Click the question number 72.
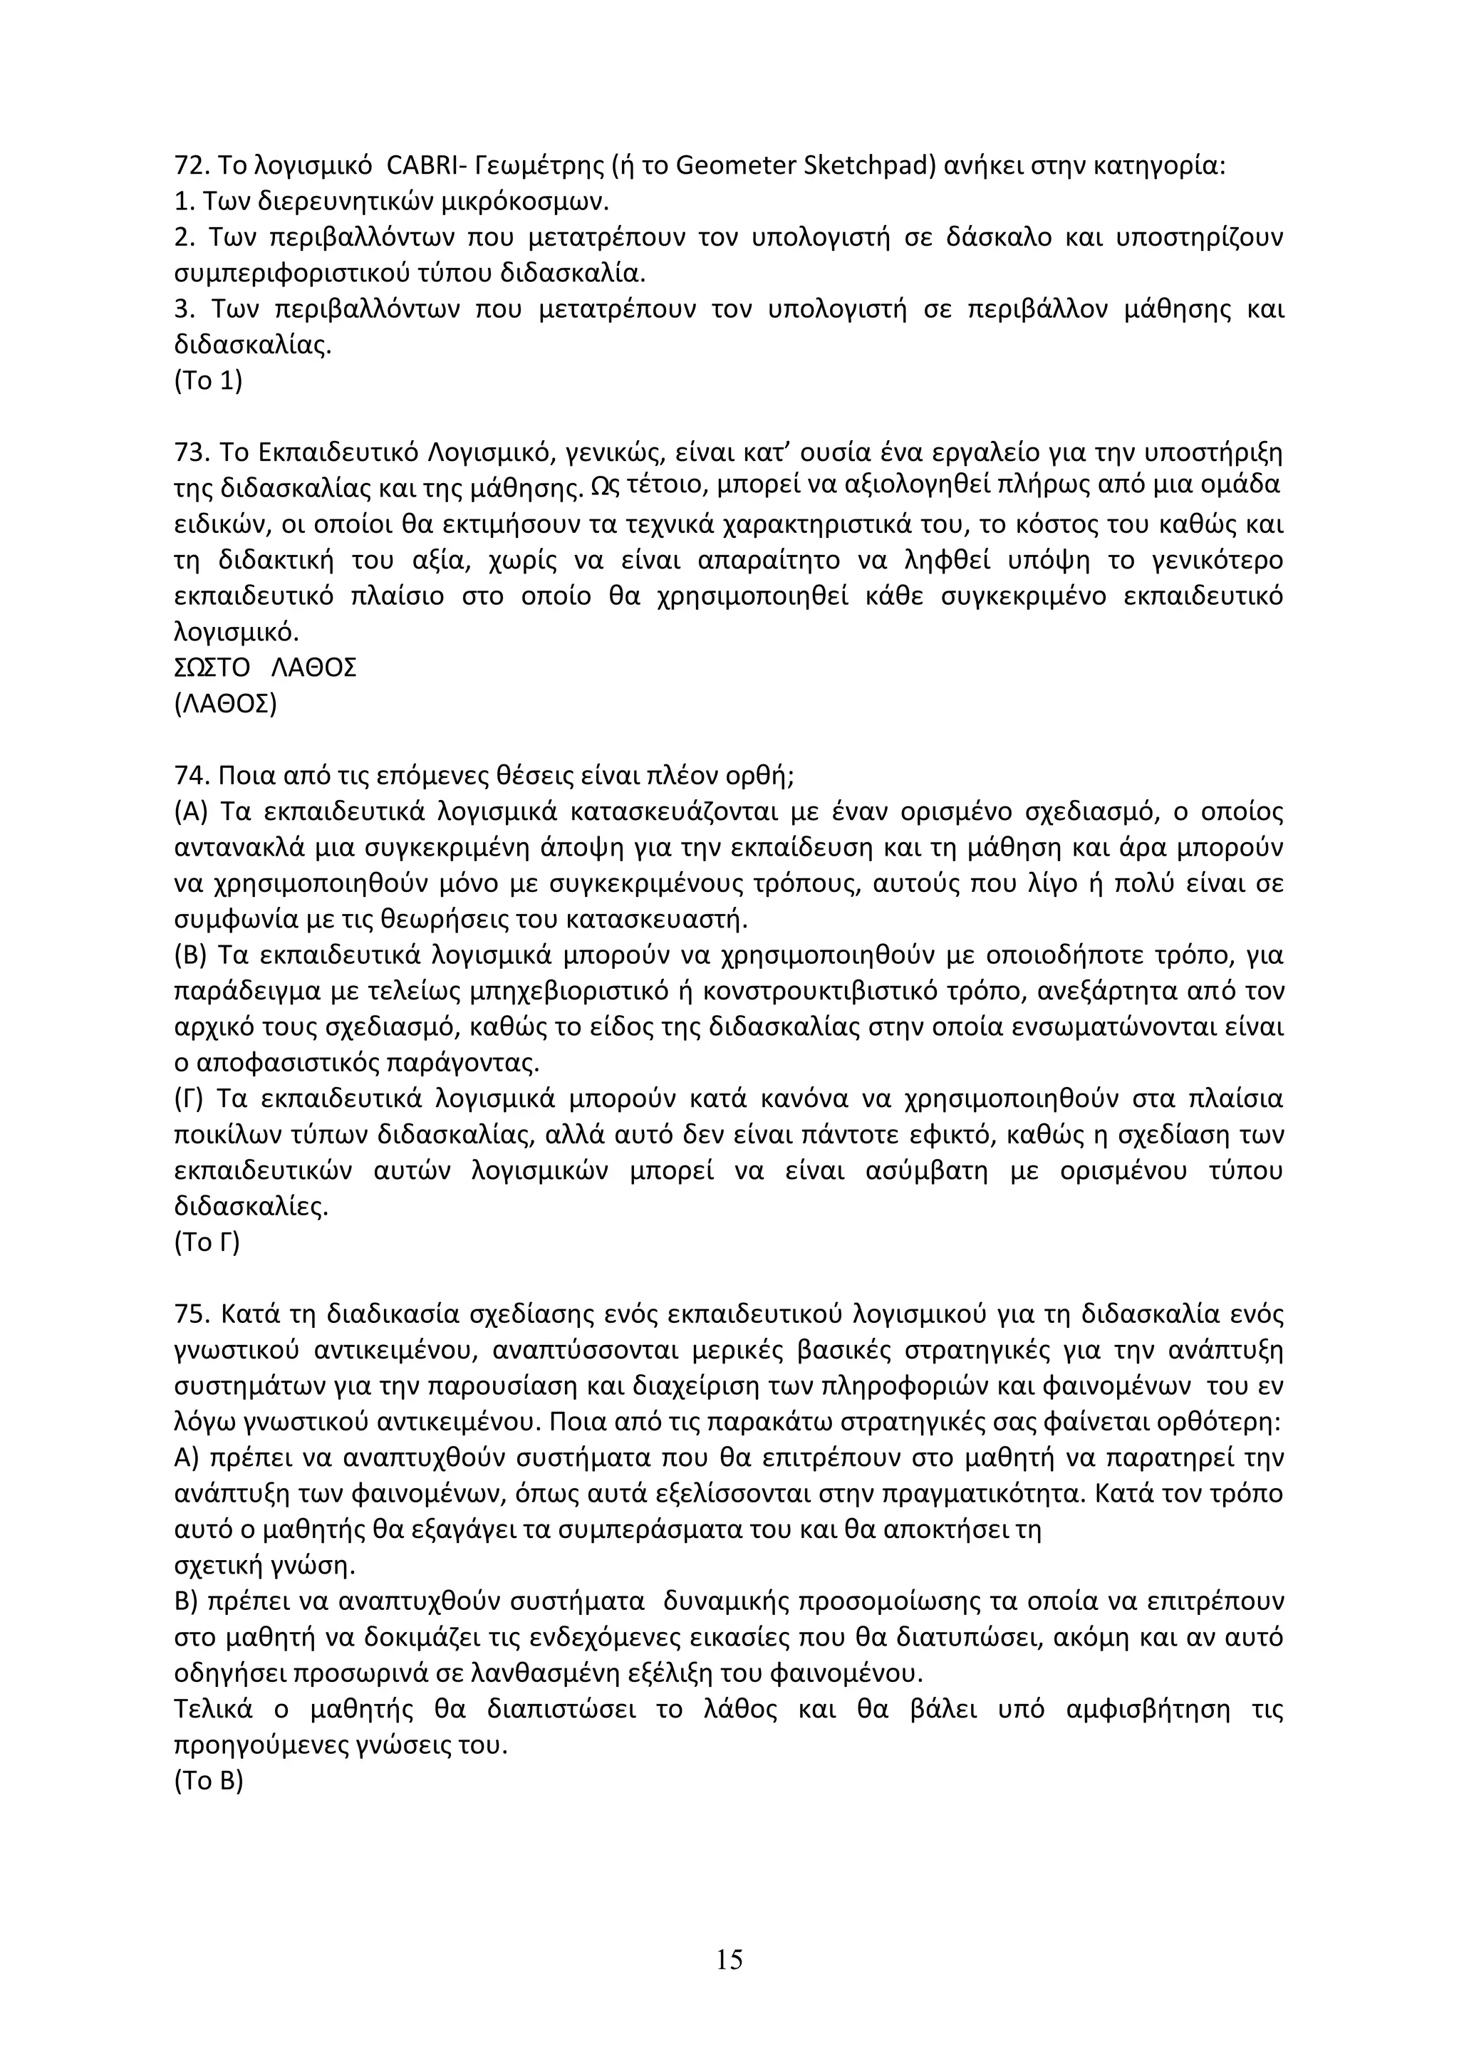[x=189, y=166]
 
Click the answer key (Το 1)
[x=207, y=381]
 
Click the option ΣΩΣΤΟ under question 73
[x=211, y=668]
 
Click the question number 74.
[x=189, y=776]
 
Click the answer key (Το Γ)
[x=207, y=1242]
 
